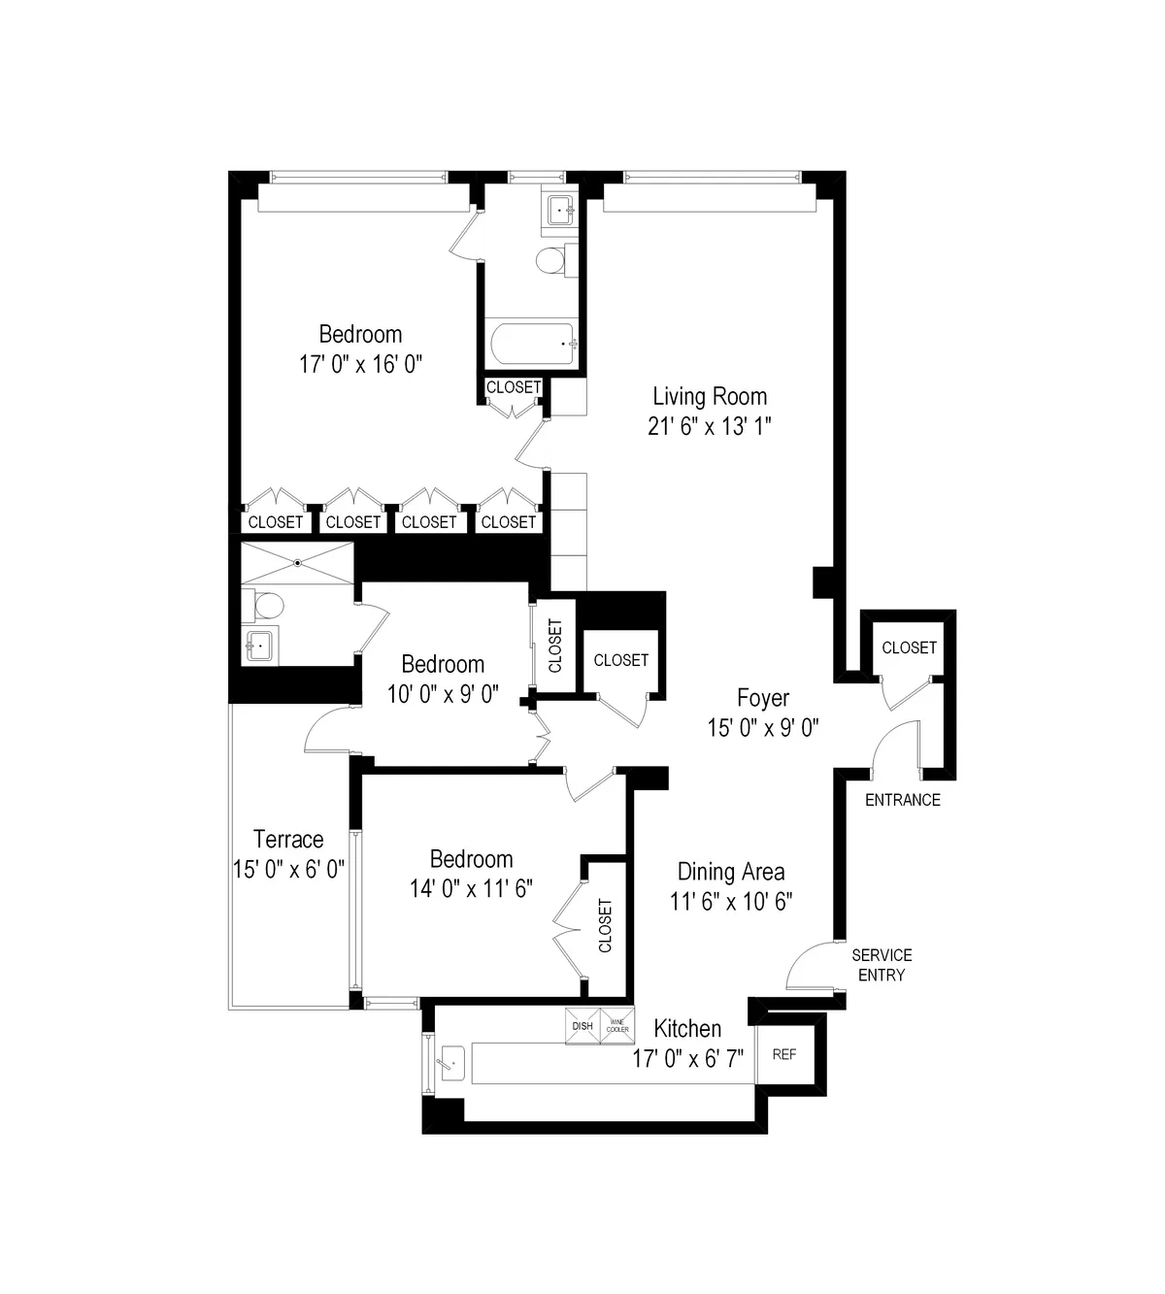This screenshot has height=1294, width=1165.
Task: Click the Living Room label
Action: [710, 396]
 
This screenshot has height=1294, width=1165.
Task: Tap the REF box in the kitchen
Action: [783, 1054]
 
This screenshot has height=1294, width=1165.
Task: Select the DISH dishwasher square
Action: [582, 1027]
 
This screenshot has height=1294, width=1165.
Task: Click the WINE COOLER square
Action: [617, 1027]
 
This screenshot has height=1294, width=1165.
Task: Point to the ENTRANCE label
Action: [903, 800]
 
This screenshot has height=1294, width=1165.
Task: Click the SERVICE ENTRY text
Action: [882, 965]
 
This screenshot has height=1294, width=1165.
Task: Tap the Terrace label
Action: [288, 839]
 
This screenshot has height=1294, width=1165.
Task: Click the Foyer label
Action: [763, 698]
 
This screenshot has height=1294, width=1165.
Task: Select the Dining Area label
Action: [731, 872]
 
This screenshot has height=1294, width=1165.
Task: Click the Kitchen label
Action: [687, 1029]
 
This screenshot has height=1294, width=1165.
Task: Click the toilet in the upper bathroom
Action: [551, 260]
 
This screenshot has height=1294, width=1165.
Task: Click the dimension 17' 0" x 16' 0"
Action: [361, 365]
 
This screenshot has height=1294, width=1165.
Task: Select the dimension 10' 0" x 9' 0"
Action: [443, 695]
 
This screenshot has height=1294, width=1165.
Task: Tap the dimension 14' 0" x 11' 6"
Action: [472, 889]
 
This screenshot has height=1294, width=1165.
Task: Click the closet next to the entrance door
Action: [909, 647]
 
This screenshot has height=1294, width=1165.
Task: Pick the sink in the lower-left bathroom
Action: [259, 644]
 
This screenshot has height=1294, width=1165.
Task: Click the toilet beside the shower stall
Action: [267, 606]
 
